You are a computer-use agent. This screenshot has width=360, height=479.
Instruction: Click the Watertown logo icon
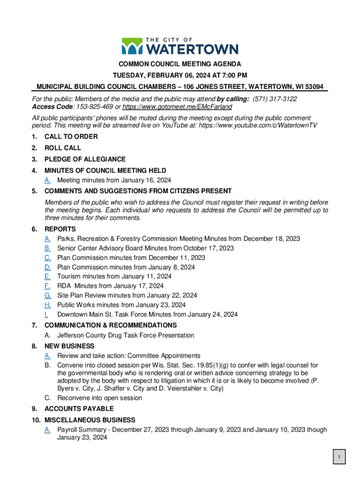132,46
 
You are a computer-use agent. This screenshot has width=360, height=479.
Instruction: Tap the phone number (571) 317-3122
274,99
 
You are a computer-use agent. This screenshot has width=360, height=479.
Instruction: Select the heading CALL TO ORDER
71,137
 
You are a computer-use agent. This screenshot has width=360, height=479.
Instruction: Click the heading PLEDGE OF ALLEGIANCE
85,159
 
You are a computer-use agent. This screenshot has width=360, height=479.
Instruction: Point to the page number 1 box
339,457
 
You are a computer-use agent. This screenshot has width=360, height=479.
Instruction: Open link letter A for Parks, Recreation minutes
48,239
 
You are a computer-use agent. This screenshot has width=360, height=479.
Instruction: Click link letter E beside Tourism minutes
48,276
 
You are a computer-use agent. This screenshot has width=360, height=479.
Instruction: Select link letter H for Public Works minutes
48,305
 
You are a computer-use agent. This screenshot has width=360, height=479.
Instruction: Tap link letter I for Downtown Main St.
46,314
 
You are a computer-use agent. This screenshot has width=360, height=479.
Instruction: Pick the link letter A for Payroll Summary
48,429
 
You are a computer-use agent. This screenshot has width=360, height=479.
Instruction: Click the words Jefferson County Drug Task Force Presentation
125,335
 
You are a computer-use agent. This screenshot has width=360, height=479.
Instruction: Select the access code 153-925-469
94,107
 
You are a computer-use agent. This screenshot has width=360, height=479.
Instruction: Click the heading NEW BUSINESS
69,346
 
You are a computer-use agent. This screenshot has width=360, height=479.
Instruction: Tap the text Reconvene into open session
100,398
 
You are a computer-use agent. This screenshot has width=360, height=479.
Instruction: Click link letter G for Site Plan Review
48,295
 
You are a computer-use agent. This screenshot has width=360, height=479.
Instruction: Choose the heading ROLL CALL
63,148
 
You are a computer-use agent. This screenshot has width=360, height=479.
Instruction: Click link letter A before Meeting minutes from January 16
48,180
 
